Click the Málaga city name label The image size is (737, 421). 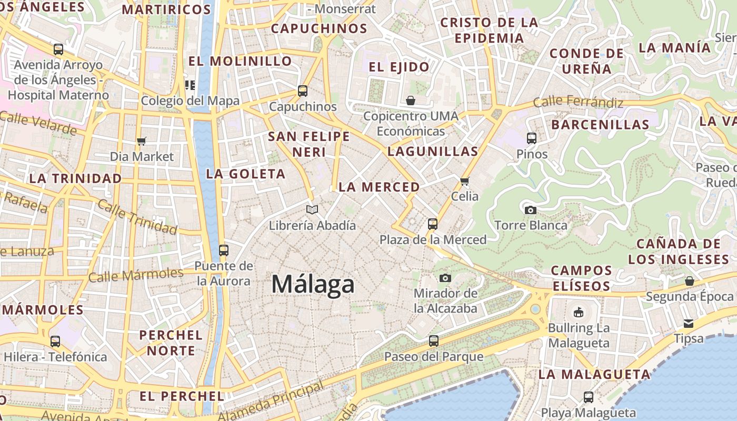pyautogui.click(x=313, y=285)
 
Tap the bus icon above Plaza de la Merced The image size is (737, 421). pyautogui.click(x=433, y=224)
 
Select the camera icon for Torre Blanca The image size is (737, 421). pyautogui.click(x=531, y=210)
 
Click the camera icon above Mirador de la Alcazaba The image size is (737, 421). pyautogui.click(x=445, y=278)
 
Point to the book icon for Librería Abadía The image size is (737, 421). pyautogui.click(x=312, y=210)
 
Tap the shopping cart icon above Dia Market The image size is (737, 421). pyautogui.click(x=141, y=141)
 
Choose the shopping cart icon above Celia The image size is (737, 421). pyautogui.click(x=464, y=182)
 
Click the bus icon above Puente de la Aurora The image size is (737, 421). pyautogui.click(x=224, y=250)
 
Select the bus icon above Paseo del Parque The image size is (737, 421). pyautogui.click(x=433, y=341)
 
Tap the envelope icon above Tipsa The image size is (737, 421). pyautogui.click(x=689, y=323)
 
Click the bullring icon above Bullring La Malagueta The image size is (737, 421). pyautogui.click(x=579, y=312)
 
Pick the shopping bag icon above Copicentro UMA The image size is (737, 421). pyautogui.click(x=411, y=100)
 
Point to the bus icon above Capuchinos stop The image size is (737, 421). pyautogui.click(x=302, y=91)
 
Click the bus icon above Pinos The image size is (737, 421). pyautogui.click(x=532, y=138)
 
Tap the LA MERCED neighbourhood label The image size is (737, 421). pyautogui.click(x=379, y=187)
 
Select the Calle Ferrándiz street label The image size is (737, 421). pyautogui.click(x=577, y=102)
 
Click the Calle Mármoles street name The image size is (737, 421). pyautogui.click(x=136, y=275)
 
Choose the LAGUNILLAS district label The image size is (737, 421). pyautogui.click(x=433, y=152)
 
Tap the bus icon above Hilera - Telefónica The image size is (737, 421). pyautogui.click(x=55, y=342)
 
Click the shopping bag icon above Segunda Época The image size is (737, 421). pyautogui.click(x=690, y=281)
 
